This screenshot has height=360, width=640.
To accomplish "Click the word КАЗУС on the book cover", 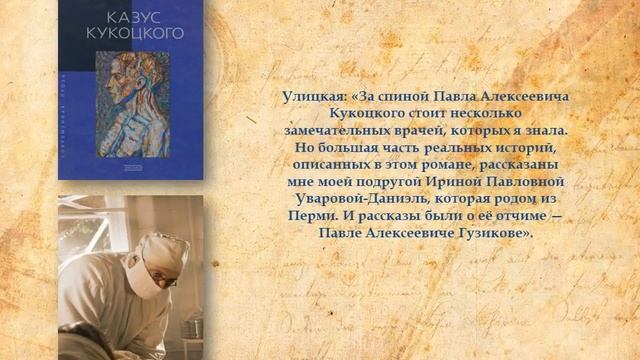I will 132,17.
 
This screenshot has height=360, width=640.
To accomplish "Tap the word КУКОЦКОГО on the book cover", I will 132,33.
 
